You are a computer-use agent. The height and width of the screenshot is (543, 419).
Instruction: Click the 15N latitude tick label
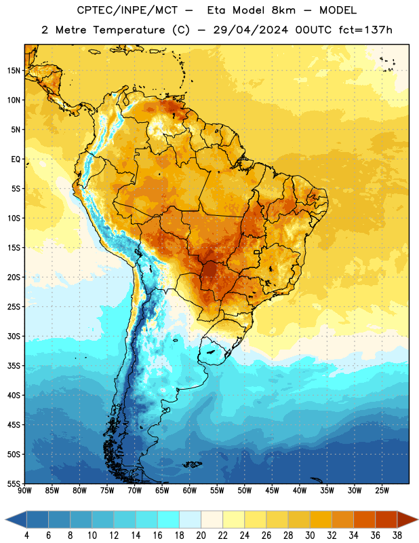pos(14,71)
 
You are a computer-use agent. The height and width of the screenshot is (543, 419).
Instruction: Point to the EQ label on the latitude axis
pos(16,160)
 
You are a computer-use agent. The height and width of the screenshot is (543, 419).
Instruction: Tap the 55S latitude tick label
pos(14,483)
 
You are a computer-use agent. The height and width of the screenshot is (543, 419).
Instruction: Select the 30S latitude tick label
pos(14,336)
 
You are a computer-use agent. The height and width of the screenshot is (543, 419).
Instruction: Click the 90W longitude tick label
pos(24,491)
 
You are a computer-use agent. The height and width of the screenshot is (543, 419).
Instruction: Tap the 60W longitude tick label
pos(190,491)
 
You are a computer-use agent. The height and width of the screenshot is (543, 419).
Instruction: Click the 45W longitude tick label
pos(273,491)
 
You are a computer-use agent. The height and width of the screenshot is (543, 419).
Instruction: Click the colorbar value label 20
pos(201,536)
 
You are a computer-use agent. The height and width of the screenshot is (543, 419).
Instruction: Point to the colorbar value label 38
pos(397,536)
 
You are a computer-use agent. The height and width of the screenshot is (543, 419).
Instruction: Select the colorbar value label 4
pos(26,536)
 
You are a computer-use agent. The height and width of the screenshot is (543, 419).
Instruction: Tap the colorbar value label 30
pos(310,536)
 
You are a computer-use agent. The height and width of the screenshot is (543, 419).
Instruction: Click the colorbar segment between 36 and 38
pos(386,520)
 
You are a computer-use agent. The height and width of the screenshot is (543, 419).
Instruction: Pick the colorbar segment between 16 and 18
pos(169,520)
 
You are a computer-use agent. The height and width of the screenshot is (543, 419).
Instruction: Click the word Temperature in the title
pos(129,30)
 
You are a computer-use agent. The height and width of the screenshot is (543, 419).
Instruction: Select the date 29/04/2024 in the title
pos(250,30)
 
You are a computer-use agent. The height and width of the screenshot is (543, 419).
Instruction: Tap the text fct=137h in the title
pos(365,30)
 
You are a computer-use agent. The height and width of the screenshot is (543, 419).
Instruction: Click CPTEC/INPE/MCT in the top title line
pos(127,10)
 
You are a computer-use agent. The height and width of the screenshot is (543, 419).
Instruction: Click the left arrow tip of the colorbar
pos(5,520)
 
